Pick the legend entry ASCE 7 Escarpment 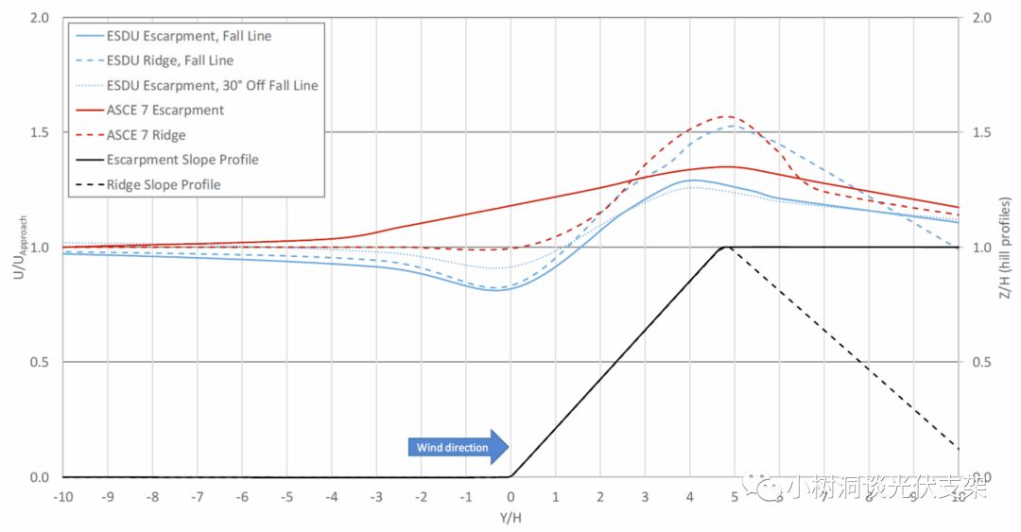(x=165, y=110)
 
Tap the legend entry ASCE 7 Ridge (x=146, y=135)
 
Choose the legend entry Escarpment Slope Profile (x=182, y=160)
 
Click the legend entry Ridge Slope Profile (x=163, y=184)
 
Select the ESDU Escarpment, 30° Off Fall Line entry (x=212, y=85)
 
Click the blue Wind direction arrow (x=458, y=447)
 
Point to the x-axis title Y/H (x=510, y=518)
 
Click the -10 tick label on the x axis (x=62, y=496)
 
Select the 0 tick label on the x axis (x=510, y=496)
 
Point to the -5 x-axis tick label (x=286, y=496)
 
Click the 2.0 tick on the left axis (x=39, y=18)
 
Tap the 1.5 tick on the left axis (x=39, y=133)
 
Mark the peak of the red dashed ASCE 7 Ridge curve (x=726, y=117)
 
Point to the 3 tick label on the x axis (x=645, y=496)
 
